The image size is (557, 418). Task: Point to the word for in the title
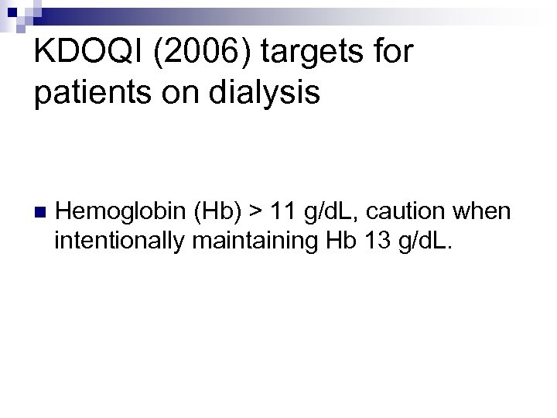[392, 53]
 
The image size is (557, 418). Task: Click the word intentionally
[118, 242]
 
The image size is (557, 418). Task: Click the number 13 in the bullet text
[369, 242]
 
